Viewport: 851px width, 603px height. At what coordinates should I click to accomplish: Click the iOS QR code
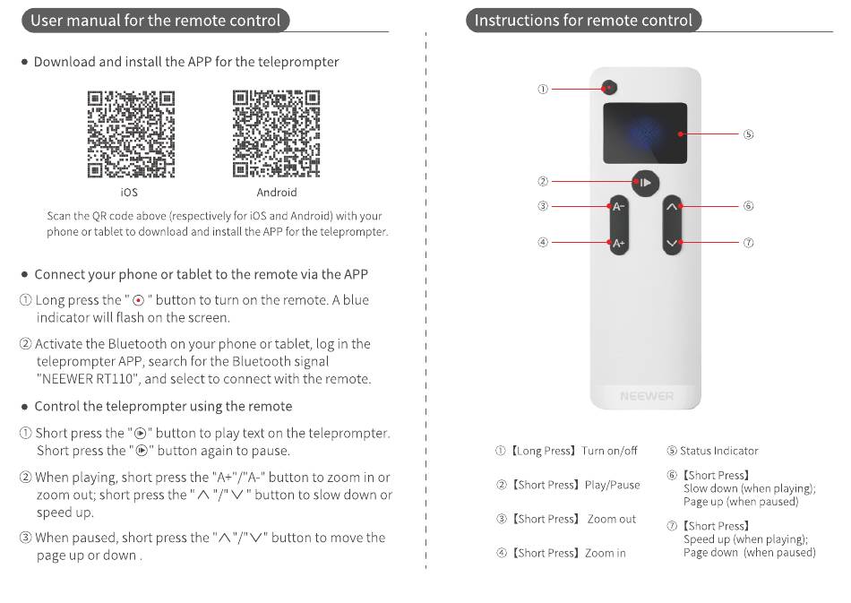point(130,134)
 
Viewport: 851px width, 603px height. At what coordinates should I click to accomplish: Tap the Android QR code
point(276,134)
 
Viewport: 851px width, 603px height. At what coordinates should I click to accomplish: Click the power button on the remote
point(610,89)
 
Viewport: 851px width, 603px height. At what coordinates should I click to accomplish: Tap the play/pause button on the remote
point(645,183)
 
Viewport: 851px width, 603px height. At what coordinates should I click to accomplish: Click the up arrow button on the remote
point(674,206)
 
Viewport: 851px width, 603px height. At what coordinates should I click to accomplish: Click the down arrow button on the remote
point(674,242)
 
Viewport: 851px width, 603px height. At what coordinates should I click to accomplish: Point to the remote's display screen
point(645,134)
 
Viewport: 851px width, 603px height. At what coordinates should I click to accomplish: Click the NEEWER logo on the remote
point(646,396)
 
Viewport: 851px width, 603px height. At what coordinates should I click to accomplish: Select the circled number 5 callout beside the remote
point(748,134)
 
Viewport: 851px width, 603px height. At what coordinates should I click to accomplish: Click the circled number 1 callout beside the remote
point(543,89)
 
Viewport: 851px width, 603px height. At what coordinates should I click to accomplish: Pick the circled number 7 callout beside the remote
point(748,242)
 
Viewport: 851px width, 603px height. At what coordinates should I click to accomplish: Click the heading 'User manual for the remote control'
point(155,21)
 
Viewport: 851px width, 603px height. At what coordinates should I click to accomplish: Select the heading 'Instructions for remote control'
point(583,21)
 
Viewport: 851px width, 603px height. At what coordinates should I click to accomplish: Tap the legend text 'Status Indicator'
point(718,451)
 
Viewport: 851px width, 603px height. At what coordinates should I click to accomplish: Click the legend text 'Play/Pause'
point(612,485)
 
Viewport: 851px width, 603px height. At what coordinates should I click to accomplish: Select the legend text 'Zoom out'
point(612,519)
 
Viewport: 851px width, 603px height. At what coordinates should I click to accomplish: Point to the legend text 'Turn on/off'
point(609,451)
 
